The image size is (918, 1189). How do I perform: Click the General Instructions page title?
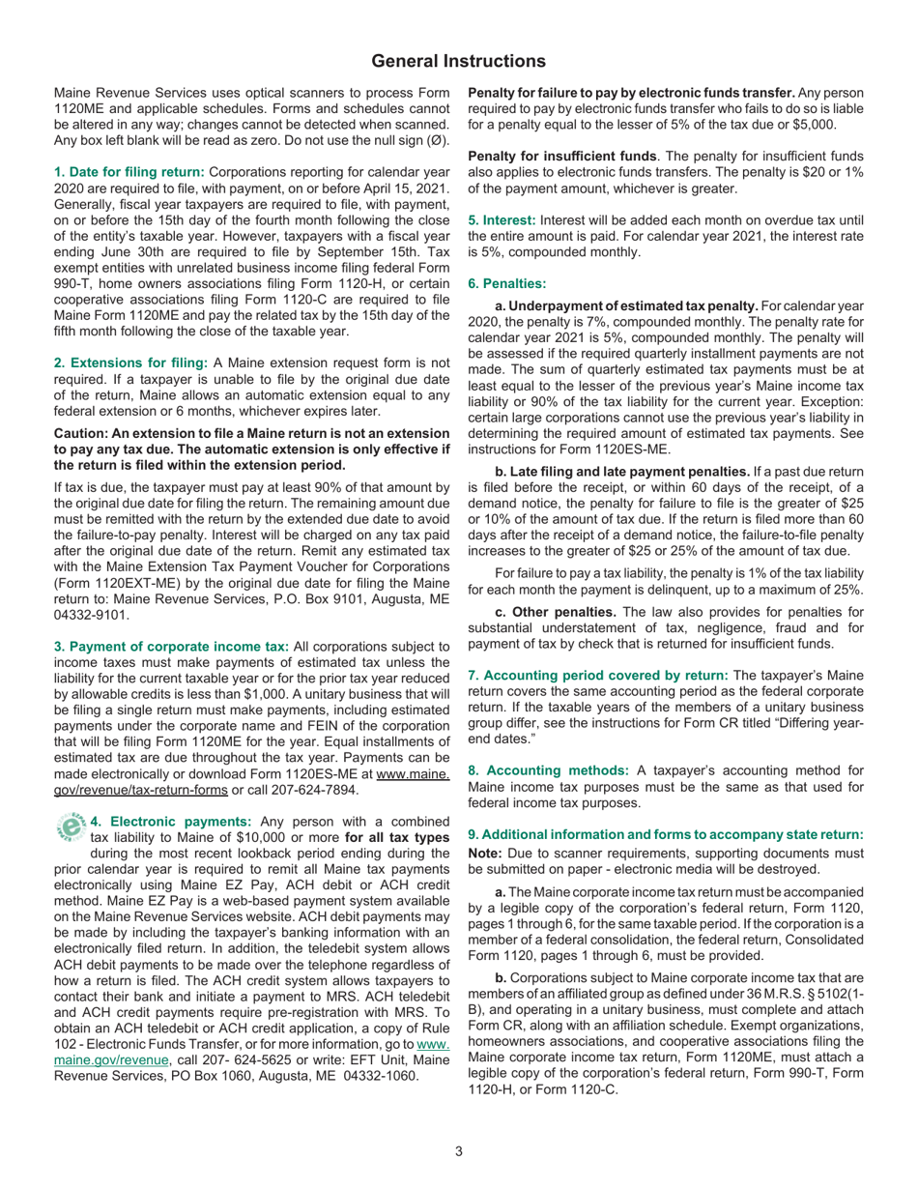coord(458,61)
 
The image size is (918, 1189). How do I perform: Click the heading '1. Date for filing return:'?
coord(129,170)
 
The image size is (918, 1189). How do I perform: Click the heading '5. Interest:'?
coord(502,221)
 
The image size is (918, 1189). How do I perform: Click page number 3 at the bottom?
coord(459,1150)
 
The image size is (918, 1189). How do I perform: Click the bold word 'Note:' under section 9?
coord(486,853)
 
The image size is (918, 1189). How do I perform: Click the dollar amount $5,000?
coord(814,125)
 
